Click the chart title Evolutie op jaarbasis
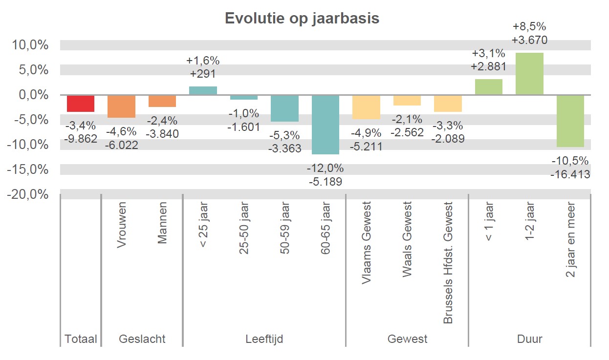click(x=302, y=18)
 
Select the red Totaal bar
click(x=81, y=104)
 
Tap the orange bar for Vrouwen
click(x=122, y=106)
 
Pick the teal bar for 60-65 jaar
click(x=326, y=125)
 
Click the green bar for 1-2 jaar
click(x=529, y=74)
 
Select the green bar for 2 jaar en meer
click(x=570, y=121)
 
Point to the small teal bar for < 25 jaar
click(x=203, y=91)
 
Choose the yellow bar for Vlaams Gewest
click(x=366, y=107)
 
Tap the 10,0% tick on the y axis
click(x=30, y=45)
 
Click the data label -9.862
click(x=81, y=139)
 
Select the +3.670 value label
click(x=529, y=40)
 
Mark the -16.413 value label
click(x=570, y=174)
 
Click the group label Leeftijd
click(x=264, y=339)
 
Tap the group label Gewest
click(x=407, y=339)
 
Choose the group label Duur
click(x=529, y=339)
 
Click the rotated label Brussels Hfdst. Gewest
click(x=448, y=263)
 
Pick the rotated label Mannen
click(x=162, y=225)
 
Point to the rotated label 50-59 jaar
click(x=284, y=228)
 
